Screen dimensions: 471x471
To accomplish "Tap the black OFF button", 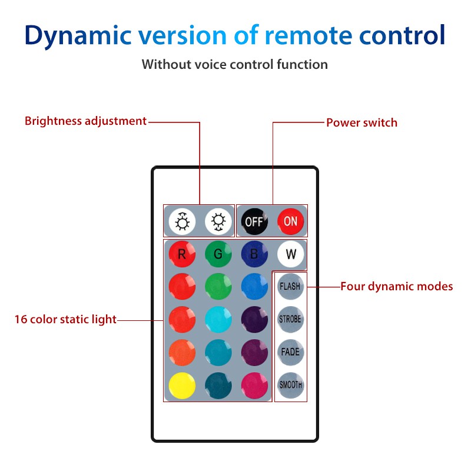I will tap(254, 221).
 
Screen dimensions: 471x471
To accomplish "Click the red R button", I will tap(182, 254).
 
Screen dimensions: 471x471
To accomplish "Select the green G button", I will tap(218, 254).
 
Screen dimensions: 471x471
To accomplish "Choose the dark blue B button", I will tap(254, 254).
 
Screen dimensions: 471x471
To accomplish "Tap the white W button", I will tap(290, 254).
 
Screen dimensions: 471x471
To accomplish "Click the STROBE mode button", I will tap(290, 319).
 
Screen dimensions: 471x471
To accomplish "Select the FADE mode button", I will tap(290, 352).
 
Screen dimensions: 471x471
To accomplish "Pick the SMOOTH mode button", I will tap(290, 385).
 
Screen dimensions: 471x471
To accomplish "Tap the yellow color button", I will tap(182, 385).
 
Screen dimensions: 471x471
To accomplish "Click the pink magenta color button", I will tap(254, 385).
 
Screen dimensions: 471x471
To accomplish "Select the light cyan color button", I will tap(218, 320).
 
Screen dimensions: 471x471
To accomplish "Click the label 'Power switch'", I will tap(361, 123).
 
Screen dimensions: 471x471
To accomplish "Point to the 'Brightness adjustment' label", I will tap(85, 121).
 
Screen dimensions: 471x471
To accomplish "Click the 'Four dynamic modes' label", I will tap(396, 287).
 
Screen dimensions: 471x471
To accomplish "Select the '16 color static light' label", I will tap(65, 320).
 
